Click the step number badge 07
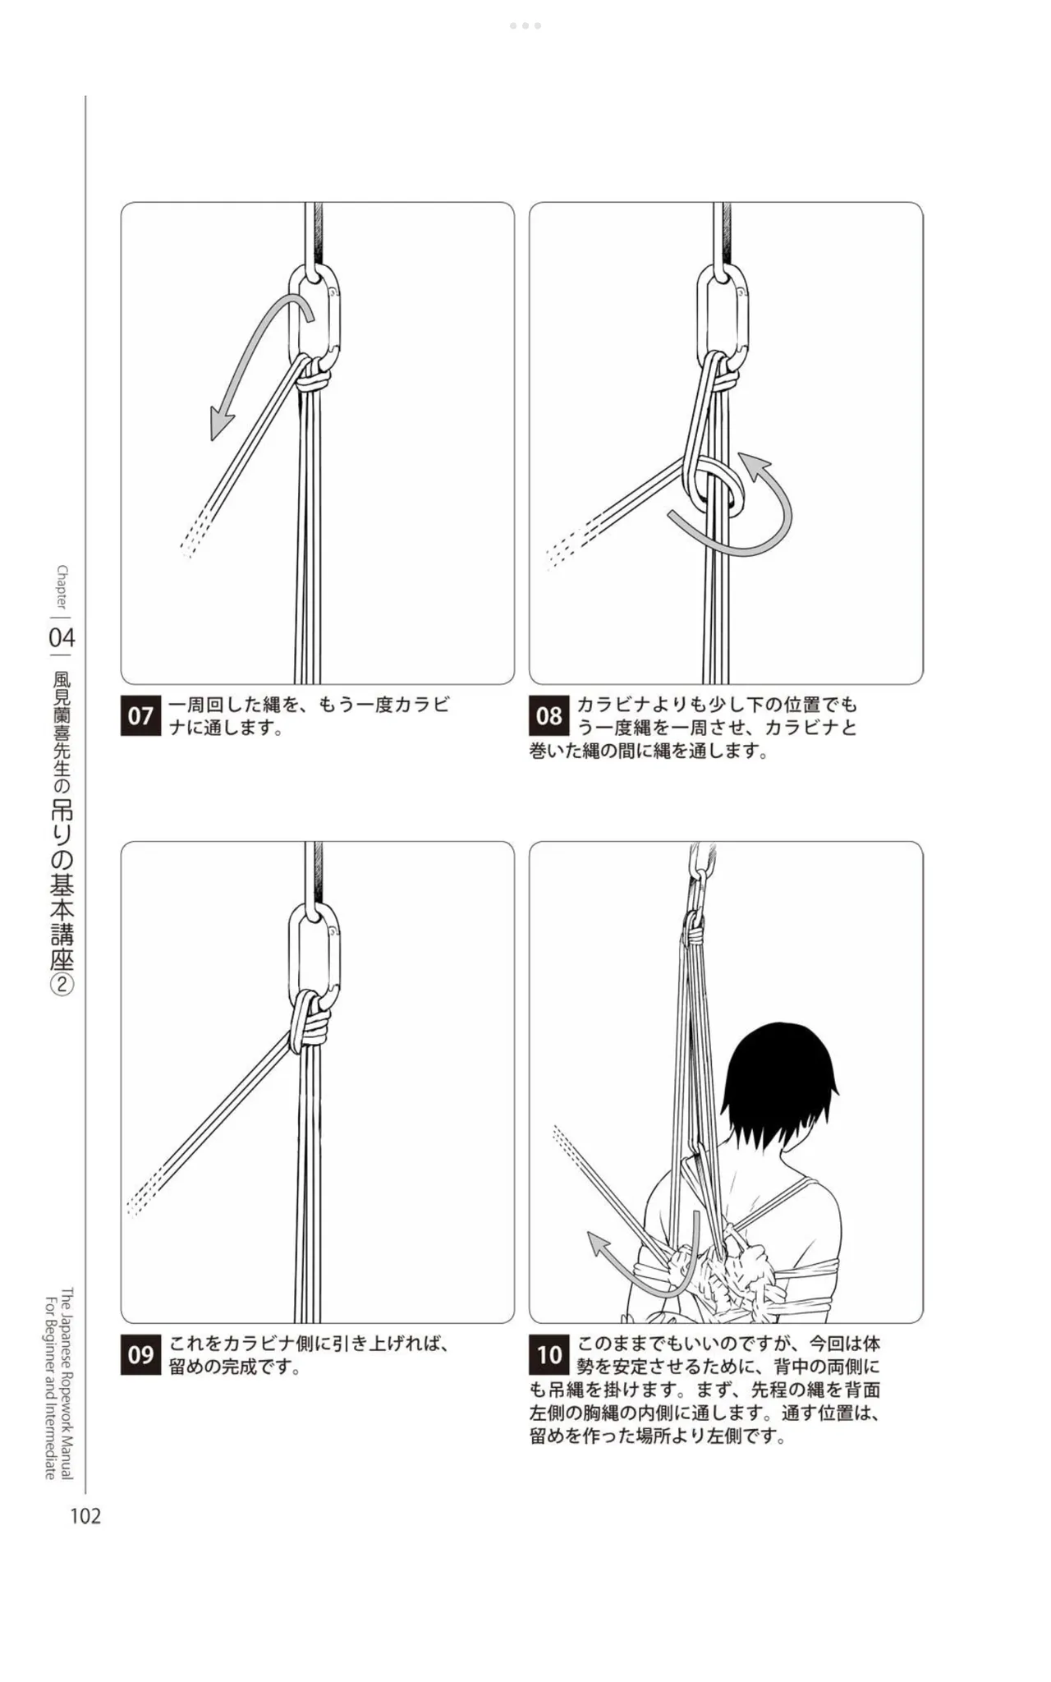tap(140, 715)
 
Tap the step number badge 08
tap(548, 715)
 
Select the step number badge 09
tap(140, 1354)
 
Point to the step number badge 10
tap(548, 1354)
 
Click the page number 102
tap(85, 1516)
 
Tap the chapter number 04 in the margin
tap(62, 637)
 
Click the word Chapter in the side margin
tap(62, 587)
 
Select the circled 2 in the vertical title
tap(62, 985)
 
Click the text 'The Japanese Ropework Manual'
tap(67, 1384)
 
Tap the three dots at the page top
tap(525, 25)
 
